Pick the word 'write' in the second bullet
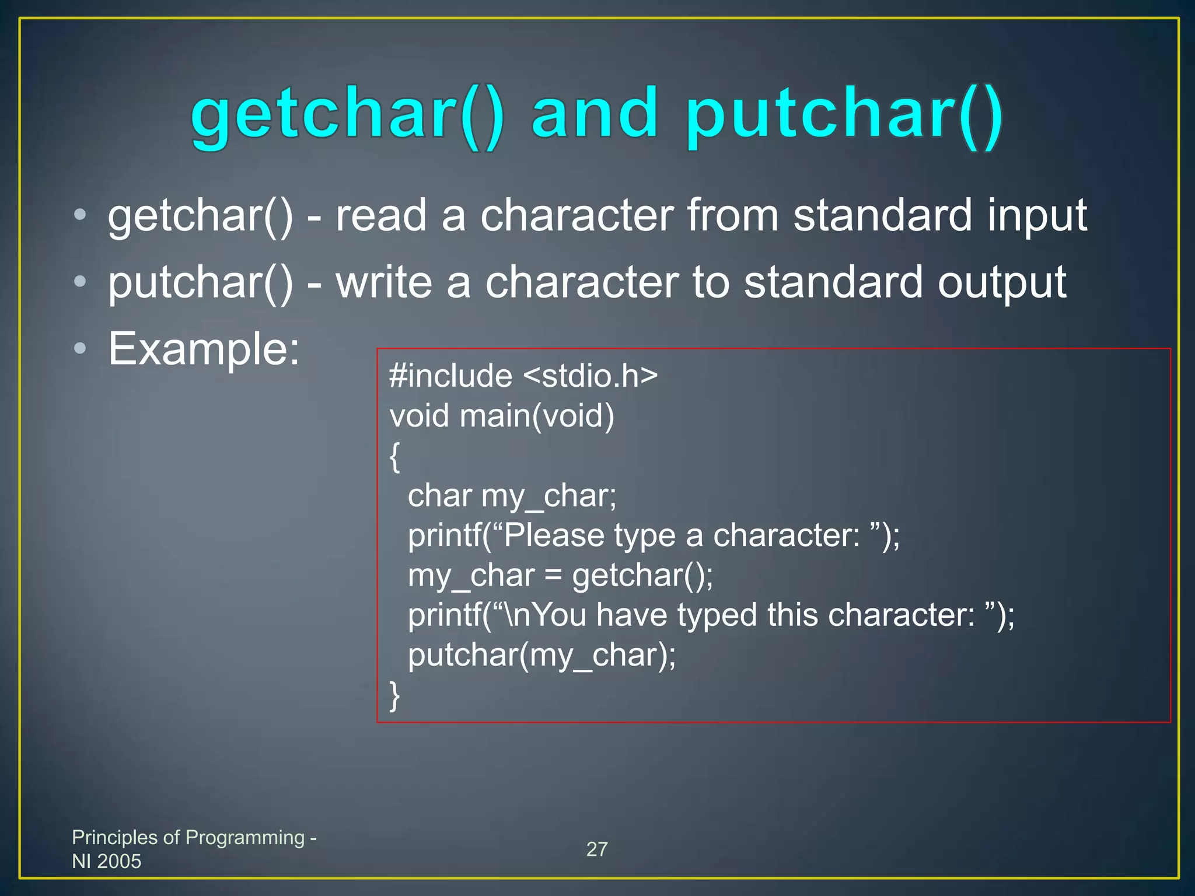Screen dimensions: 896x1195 point(384,282)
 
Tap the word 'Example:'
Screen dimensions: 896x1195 point(204,349)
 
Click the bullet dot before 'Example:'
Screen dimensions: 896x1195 point(80,349)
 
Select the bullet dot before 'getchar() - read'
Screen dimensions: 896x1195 point(80,215)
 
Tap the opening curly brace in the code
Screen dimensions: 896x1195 point(395,456)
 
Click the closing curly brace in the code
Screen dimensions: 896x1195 point(395,695)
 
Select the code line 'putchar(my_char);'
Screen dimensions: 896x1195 point(541,655)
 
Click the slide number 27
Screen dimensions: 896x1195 point(597,849)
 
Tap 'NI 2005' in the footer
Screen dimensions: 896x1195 point(107,861)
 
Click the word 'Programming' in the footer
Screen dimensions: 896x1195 point(244,837)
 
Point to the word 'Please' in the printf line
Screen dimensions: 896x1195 point(554,535)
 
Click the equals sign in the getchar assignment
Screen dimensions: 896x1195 point(553,576)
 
